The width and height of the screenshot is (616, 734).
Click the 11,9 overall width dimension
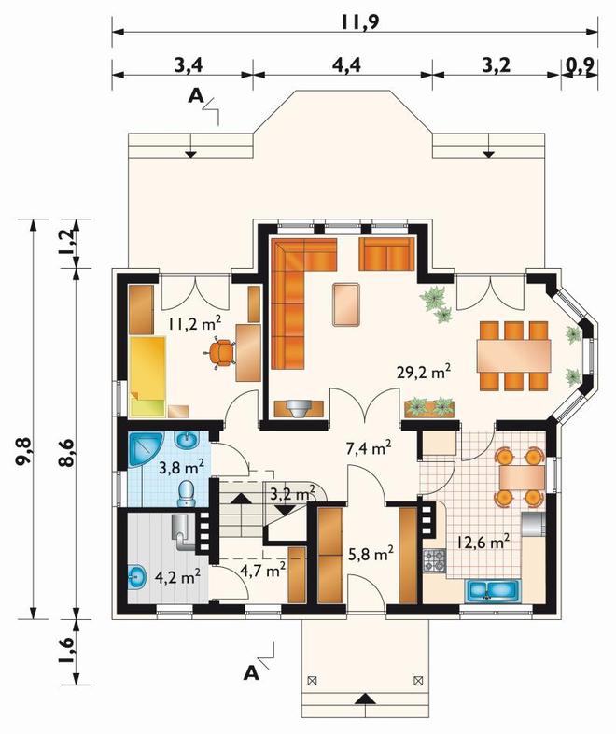pos(359,22)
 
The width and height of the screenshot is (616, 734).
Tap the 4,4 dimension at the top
pos(346,65)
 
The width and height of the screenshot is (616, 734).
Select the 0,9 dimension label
pos(580,65)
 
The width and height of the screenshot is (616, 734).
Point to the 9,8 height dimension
pos(22,450)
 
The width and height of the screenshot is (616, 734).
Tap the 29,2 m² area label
pos(424,373)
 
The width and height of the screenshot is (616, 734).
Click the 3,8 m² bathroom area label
pos(181,467)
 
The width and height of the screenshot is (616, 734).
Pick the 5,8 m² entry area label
pos(371,555)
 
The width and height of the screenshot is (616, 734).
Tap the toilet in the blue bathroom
pos(186,493)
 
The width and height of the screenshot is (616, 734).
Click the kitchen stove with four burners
pos(435,560)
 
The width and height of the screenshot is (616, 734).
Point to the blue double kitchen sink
pos(493,591)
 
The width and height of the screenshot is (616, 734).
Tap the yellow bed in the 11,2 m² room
pos(147,376)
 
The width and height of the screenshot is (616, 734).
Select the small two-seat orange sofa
pos(386,254)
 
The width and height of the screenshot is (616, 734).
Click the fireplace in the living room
pos(299,409)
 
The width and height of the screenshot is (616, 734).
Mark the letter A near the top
pos(196,96)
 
